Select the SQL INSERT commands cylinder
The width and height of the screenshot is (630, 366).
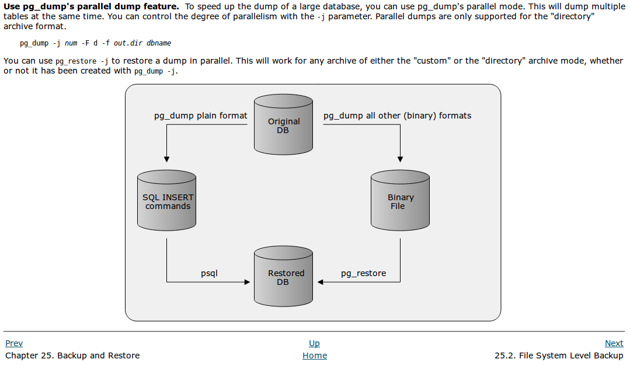point(167,201)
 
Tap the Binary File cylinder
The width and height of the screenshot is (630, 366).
point(401,201)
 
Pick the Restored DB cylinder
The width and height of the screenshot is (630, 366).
point(284,277)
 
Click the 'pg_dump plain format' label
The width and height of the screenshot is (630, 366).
point(200,116)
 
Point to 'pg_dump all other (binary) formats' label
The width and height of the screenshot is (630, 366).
point(397,116)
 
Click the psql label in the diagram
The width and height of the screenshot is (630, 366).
point(209,273)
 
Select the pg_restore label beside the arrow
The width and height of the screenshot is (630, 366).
point(363,273)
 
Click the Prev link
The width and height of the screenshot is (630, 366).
point(14,343)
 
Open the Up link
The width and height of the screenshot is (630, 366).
point(314,343)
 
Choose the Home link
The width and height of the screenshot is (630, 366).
point(315,355)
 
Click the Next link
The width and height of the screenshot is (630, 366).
point(614,343)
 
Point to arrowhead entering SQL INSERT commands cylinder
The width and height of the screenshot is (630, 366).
point(167,159)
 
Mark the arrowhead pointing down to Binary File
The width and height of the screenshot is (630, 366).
point(401,159)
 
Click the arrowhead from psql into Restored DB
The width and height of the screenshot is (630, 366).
point(247,282)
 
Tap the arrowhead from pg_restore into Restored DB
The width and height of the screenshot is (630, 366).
point(321,282)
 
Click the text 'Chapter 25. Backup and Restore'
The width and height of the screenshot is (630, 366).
point(72,355)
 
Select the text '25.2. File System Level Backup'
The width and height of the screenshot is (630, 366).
point(559,355)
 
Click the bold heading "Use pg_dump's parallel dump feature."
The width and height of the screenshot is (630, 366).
point(91,6)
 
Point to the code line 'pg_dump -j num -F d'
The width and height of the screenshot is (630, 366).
point(95,43)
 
